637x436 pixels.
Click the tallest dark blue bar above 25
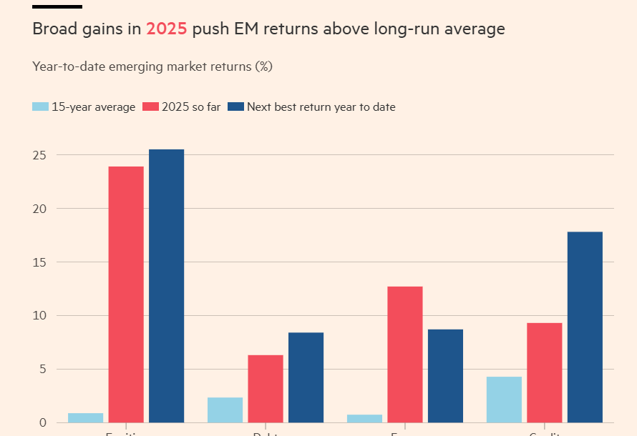[x=166, y=286]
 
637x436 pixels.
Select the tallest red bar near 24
[x=126, y=294]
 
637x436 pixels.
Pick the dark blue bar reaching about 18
[x=585, y=327]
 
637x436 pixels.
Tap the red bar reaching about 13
[x=405, y=354]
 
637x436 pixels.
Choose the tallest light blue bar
[x=504, y=399]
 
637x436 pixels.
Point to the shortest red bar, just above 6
[x=266, y=388]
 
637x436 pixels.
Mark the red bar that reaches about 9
[x=545, y=372]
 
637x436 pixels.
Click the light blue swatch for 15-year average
[x=40, y=107]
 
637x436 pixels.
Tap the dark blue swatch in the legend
[x=235, y=107]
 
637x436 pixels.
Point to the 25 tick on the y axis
[x=40, y=155]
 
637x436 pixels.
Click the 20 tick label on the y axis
[x=40, y=209]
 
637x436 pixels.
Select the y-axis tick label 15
[x=40, y=262]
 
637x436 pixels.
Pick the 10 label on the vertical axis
[x=40, y=316]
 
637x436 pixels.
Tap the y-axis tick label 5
[x=44, y=370]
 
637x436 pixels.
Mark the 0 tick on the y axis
[x=44, y=422]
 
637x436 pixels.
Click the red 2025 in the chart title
[x=166, y=29]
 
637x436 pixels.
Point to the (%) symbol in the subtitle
[x=264, y=66]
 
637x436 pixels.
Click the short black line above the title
[x=57, y=6]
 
